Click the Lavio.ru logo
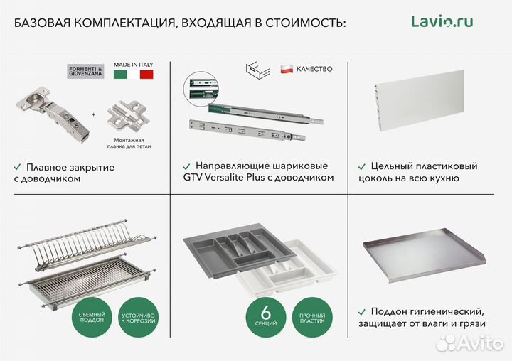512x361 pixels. (x=442, y=21)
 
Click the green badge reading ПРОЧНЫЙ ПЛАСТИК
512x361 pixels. (x=314, y=318)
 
